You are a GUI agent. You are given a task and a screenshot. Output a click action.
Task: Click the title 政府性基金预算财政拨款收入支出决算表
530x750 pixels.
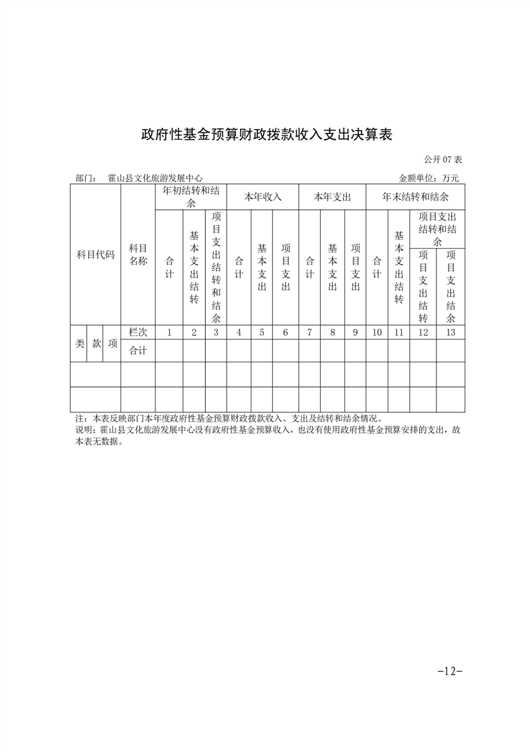tap(265, 135)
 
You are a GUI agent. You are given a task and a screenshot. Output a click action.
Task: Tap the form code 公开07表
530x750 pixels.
tap(443, 160)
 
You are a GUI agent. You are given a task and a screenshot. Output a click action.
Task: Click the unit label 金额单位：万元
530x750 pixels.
tap(428, 178)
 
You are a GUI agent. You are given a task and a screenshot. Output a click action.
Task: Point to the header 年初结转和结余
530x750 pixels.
tap(190, 197)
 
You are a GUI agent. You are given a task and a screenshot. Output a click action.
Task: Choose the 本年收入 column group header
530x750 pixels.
tap(263, 197)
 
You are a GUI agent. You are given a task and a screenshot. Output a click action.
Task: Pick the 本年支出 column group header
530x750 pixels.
tap(332, 197)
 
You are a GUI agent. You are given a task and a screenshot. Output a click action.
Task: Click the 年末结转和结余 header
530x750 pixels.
tap(415, 197)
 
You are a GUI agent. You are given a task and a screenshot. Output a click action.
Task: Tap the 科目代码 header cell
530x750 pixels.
tap(96, 255)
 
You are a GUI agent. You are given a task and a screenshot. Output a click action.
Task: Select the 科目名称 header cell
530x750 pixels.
tap(138, 255)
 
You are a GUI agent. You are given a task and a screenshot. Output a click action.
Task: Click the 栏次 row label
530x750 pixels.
tap(138, 332)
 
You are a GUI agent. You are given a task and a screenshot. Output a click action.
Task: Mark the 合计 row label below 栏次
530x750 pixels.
tap(138, 350)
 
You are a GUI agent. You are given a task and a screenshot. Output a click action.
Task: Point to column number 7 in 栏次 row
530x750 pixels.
tap(309, 332)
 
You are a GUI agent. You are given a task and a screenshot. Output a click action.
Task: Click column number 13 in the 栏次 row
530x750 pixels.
tap(450, 332)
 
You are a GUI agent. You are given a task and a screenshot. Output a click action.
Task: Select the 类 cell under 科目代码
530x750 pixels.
tap(79, 343)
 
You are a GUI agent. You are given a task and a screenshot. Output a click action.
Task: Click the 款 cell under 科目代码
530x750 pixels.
tap(96, 343)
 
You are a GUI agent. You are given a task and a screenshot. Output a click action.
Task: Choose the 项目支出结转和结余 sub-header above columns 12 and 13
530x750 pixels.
tap(437, 229)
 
